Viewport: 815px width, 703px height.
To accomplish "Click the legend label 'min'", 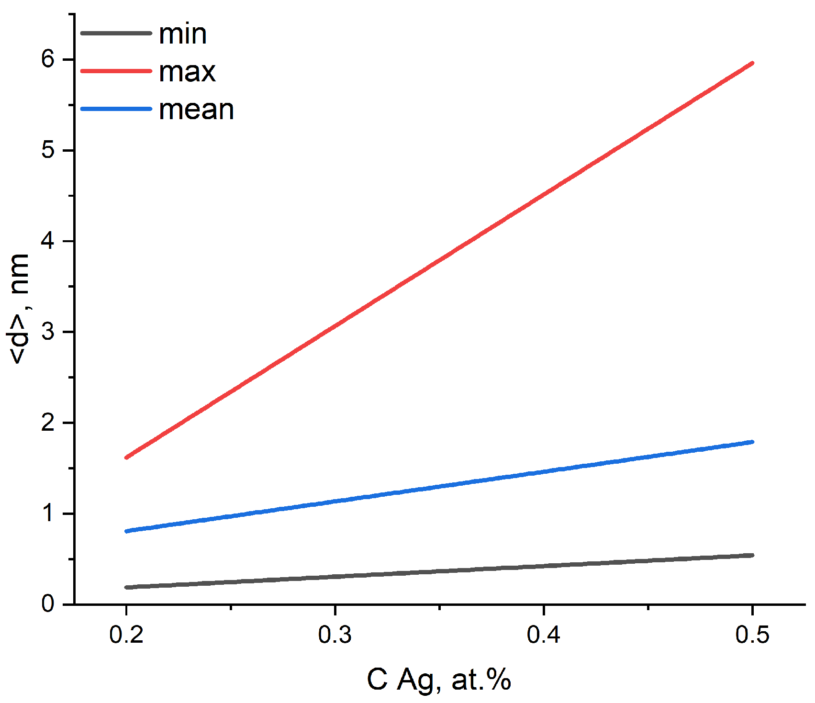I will coord(183,34).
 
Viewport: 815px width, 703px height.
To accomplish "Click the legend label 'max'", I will coord(187,72).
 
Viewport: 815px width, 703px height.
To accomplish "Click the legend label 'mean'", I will coord(196,110).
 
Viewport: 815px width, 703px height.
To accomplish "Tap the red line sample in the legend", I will coord(116,71).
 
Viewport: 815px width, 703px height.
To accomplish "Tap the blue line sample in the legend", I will coord(116,109).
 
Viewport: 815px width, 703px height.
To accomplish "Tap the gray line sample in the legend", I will coord(116,33).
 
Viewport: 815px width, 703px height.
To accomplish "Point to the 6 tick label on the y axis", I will coord(48,59).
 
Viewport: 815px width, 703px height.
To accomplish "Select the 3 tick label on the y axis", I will coord(48,332).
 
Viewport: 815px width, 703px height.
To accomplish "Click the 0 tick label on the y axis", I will coord(48,604).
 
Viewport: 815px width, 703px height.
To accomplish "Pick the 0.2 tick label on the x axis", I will coord(126,635).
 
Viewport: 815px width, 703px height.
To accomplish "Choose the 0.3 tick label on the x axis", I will coord(335,635).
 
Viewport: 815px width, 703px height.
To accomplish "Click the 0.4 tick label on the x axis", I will coord(544,635).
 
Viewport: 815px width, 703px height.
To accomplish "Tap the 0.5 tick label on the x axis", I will coord(752,635).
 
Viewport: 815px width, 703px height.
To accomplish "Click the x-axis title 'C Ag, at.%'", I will coord(439,680).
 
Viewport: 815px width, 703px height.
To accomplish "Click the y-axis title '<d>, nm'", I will coord(20,309).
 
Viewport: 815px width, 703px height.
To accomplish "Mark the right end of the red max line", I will coord(752,63).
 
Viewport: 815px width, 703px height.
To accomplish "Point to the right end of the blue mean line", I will coord(752,442).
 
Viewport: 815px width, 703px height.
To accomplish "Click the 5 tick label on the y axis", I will coord(48,150).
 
